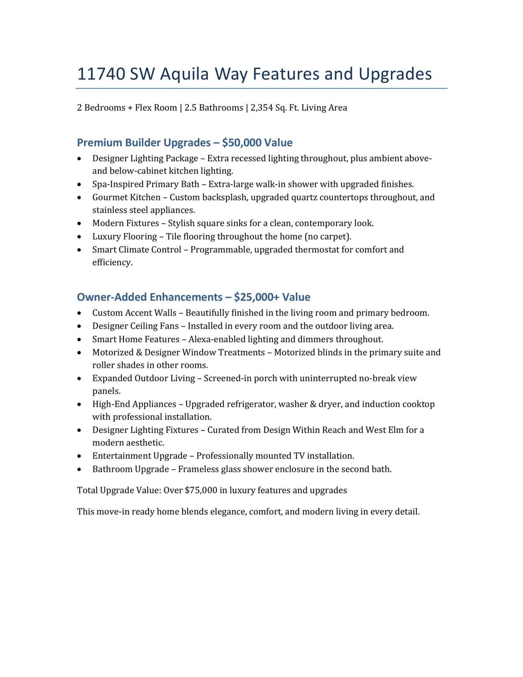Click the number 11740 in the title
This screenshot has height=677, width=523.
101,74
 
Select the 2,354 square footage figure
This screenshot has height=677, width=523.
262,108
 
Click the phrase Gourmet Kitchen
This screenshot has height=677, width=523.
126,197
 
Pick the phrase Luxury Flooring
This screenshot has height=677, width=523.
124,237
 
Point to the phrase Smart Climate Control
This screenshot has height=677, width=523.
137,250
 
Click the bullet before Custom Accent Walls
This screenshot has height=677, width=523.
79,313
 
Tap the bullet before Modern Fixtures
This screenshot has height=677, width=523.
79,224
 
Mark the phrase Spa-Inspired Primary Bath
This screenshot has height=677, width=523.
146,184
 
